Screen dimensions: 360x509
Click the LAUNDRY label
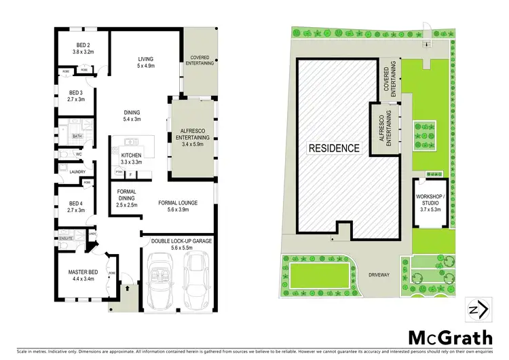(x=69, y=171)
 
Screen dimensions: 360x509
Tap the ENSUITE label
(x=65, y=238)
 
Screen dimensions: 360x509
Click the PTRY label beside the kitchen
(x=119, y=173)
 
